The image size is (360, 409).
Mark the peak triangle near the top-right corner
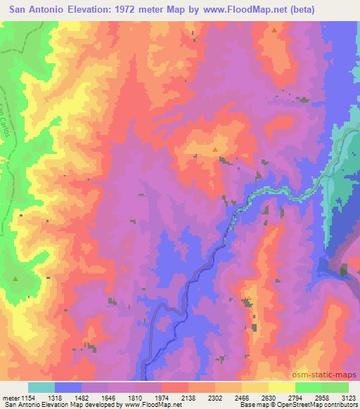[x=274, y=30]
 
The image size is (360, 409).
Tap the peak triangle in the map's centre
[x=215, y=149]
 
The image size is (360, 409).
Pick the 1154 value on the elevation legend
[x=27, y=397]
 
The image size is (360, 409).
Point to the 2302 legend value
[x=214, y=397]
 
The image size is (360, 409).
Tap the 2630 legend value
[x=269, y=397]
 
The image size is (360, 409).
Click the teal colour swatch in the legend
[x=41, y=387]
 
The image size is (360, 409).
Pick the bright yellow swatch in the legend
[x=282, y=387]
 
